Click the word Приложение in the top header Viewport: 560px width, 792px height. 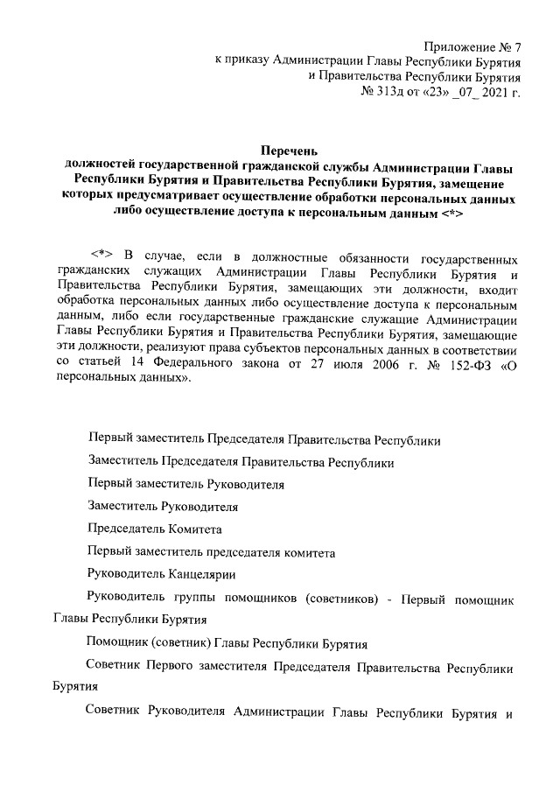[x=458, y=46]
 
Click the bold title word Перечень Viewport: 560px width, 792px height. [x=291, y=151]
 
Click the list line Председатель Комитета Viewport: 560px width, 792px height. [x=155, y=529]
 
